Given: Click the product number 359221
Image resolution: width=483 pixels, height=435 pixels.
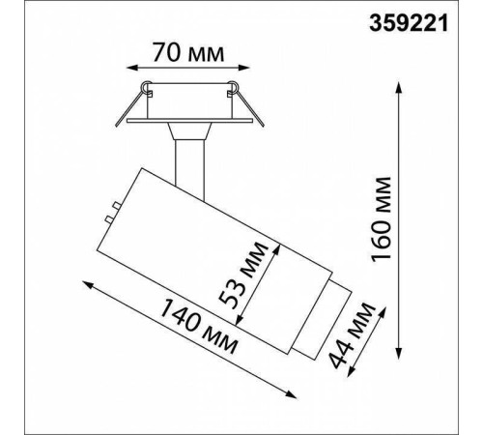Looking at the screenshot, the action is click(409, 24).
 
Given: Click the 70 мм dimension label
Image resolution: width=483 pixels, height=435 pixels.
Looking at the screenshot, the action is click(188, 52).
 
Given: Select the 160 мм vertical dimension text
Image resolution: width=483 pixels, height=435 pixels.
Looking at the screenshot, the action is click(381, 219).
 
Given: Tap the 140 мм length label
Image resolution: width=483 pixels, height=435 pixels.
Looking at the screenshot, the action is click(199, 326).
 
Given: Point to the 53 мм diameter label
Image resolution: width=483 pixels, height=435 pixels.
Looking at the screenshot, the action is click(242, 275).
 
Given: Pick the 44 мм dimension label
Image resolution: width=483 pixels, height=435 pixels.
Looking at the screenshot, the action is click(353, 335).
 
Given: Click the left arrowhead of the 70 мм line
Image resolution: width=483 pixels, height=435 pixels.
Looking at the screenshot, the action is click(131, 68).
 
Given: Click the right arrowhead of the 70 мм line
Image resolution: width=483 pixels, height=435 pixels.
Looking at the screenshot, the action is click(244, 68).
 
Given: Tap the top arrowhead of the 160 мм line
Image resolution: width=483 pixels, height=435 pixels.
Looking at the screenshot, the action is click(399, 88).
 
